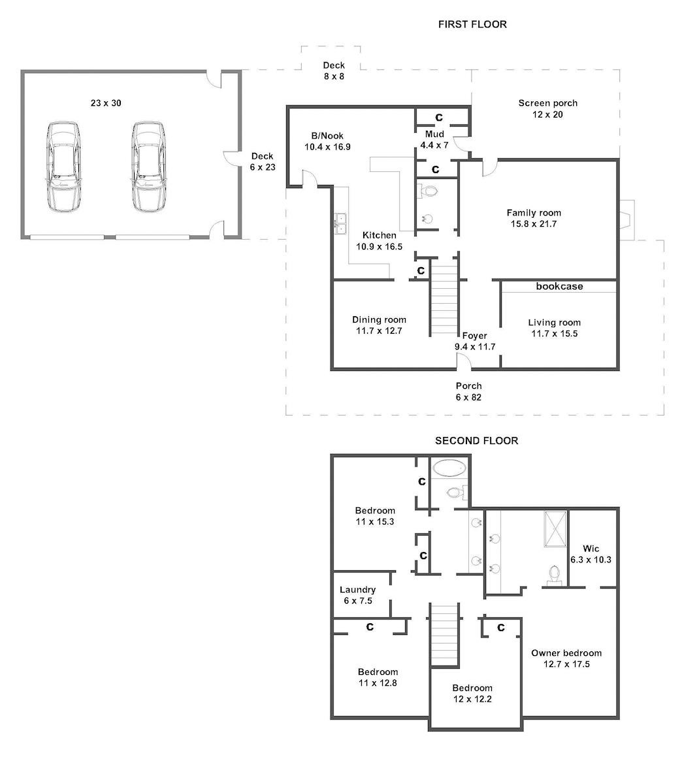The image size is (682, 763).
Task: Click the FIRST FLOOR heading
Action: [x=472, y=24]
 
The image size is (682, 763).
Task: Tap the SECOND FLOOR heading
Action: [x=476, y=441]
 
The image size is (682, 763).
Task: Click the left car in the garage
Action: [x=63, y=167]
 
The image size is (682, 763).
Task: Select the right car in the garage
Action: [x=149, y=167]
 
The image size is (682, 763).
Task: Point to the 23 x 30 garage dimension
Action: [x=106, y=103]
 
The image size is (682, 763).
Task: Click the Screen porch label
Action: [x=547, y=103]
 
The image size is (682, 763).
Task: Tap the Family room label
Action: [x=534, y=213]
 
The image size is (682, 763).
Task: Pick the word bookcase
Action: [x=559, y=286]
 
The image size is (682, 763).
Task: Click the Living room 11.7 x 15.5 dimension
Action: [x=555, y=334]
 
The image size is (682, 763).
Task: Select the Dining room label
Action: [x=379, y=319]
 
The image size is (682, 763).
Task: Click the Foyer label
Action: [x=474, y=336]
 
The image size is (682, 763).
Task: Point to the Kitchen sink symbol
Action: [x=340, y=224]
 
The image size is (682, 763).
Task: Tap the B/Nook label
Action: [x=327, y=136]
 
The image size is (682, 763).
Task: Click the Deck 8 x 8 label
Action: [x=334, y=71]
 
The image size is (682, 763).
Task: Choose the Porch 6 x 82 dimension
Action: [x=469, y=397]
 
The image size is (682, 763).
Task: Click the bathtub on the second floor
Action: [x=449, y=468]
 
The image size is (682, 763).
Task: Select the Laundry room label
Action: [x=357, y=590]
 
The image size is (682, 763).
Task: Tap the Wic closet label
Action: [x=591, y=549]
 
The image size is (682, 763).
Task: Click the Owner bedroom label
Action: [x=566, y=653]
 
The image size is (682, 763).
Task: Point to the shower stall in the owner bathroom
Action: [x=555, y=529]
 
